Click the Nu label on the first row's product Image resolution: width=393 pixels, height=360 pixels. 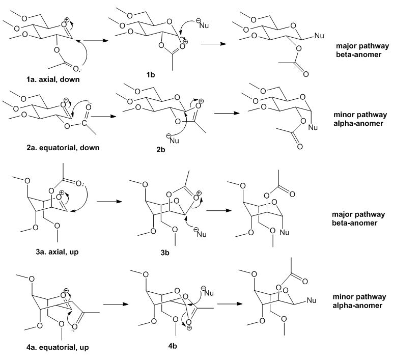coord(320,36)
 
